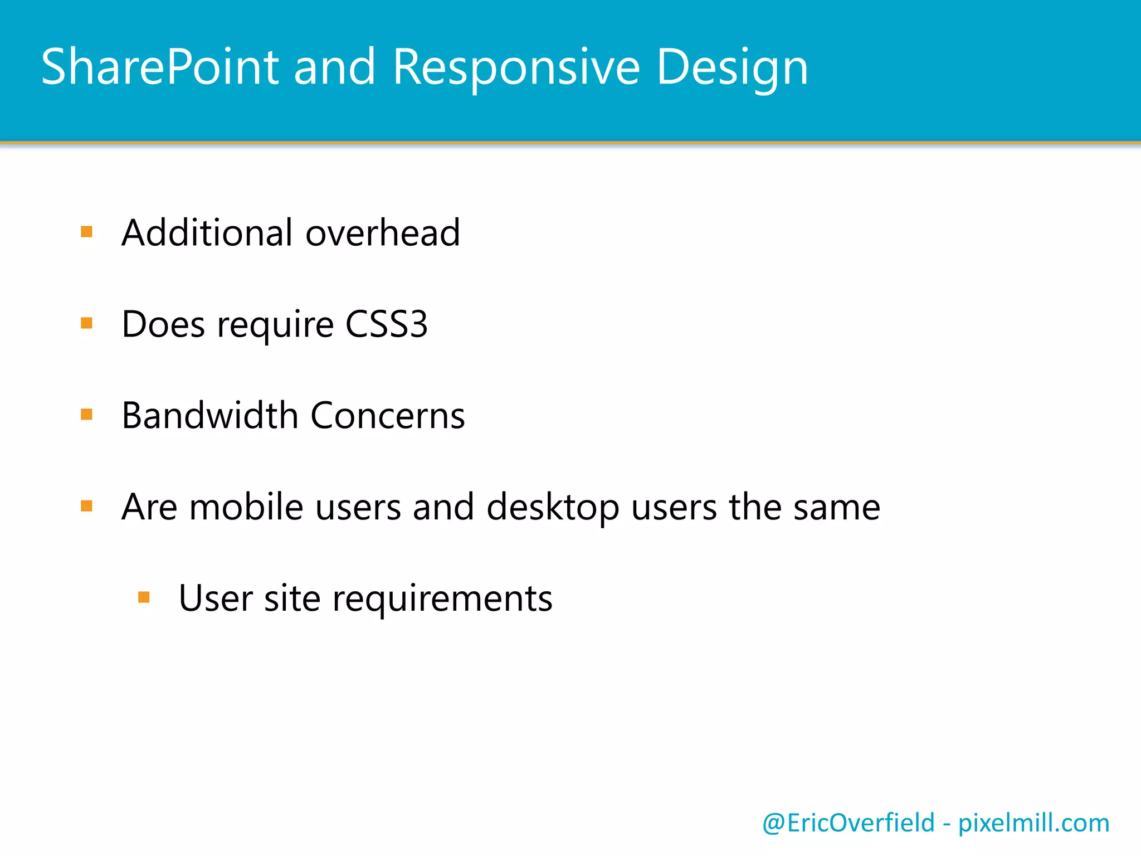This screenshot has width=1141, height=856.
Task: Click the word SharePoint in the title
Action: tap(160, 67)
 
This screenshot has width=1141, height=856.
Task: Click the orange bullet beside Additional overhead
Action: tap(86, 231)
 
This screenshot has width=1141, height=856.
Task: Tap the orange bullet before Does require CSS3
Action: tap(86, 323)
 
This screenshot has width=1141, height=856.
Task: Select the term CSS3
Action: tap(386, 324)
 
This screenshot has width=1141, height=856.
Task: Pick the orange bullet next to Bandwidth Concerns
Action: tap(86, 414)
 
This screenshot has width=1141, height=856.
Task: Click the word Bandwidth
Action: tap(210, 415)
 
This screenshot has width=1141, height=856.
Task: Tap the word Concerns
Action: tap(387, 416)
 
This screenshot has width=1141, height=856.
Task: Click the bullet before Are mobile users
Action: tap(86, 505)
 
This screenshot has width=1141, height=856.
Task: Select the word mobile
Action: tap(246, 507)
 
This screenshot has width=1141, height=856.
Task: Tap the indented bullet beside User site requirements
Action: tap(144, 597)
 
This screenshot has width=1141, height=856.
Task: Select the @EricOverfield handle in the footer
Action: tap(848, 823)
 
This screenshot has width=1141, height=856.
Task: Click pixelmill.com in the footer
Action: tap(1033, 823)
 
